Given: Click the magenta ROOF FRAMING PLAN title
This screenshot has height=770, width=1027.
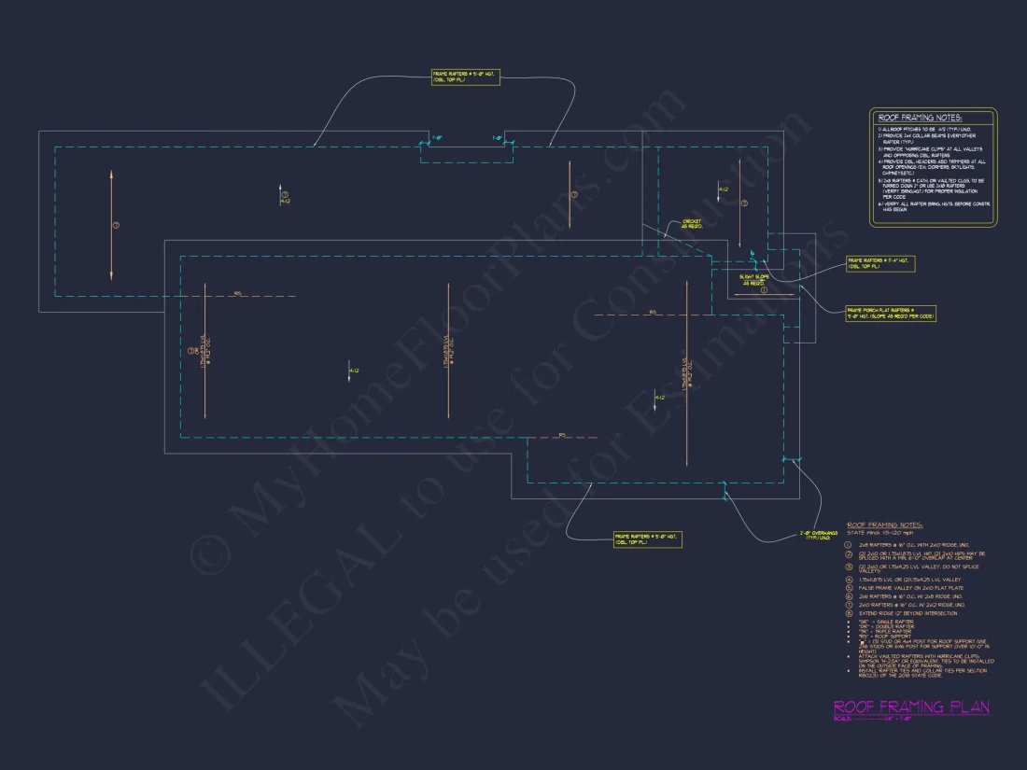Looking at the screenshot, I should (x=910, y=707).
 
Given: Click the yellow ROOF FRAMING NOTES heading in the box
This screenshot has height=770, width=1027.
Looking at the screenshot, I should (x=920, y=118).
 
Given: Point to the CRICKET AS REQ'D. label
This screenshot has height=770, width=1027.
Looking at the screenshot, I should (x=691, y=224).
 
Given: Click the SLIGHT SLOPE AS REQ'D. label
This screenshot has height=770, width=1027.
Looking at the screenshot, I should (x=755, y=279).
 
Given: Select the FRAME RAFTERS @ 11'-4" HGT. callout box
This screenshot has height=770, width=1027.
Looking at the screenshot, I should (x=879, y=264).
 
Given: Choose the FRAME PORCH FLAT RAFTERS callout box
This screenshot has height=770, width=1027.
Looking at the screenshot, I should (x=891, y=313).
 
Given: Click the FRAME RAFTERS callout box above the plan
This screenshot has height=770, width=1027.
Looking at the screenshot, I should (x=465, y=77).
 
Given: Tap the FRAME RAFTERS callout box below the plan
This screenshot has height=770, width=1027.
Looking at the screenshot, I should (x=647, y=539).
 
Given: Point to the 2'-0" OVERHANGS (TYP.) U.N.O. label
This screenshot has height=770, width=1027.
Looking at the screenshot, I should (x=820, y=537).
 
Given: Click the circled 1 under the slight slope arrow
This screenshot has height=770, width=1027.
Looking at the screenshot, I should (x=763, y=291).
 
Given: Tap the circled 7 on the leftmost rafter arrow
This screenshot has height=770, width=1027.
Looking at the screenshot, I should (x=116, y=226).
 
